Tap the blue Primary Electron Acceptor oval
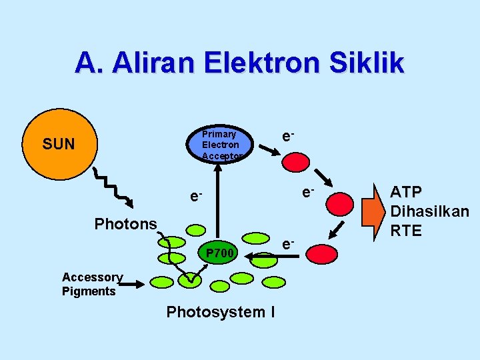tap(221, 144)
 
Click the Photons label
tap(125, 224)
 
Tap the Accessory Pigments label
tap(92, 284)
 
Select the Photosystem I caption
tap(221, 311)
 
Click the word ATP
tap(406, 193)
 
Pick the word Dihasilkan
tap(429, 212)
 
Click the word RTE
tap(406, 231)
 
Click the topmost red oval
tap(295, 162)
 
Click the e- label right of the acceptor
tap(287, 136)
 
